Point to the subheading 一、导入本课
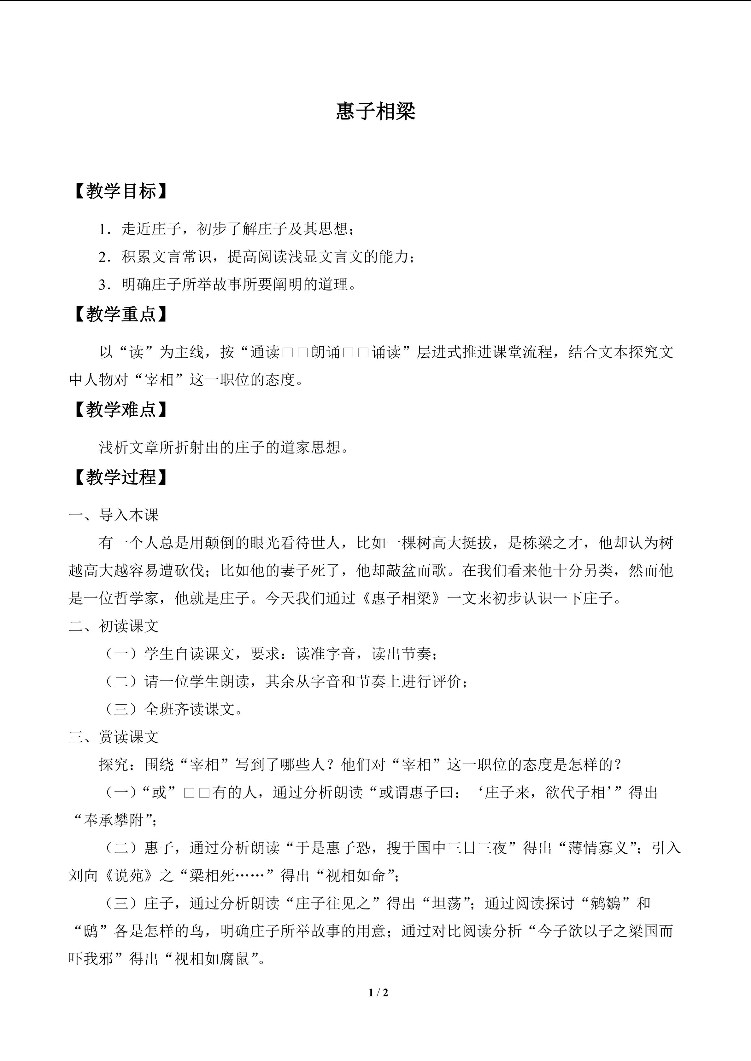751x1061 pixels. pyautogui.click(x=114, y=515)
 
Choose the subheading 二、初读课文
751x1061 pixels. pyautogui.click(x=114, y=626)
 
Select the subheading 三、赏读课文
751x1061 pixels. pyautogui.click(x=114, y=737)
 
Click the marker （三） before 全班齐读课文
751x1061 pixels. pyautogui.click(x=121, y=709)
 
